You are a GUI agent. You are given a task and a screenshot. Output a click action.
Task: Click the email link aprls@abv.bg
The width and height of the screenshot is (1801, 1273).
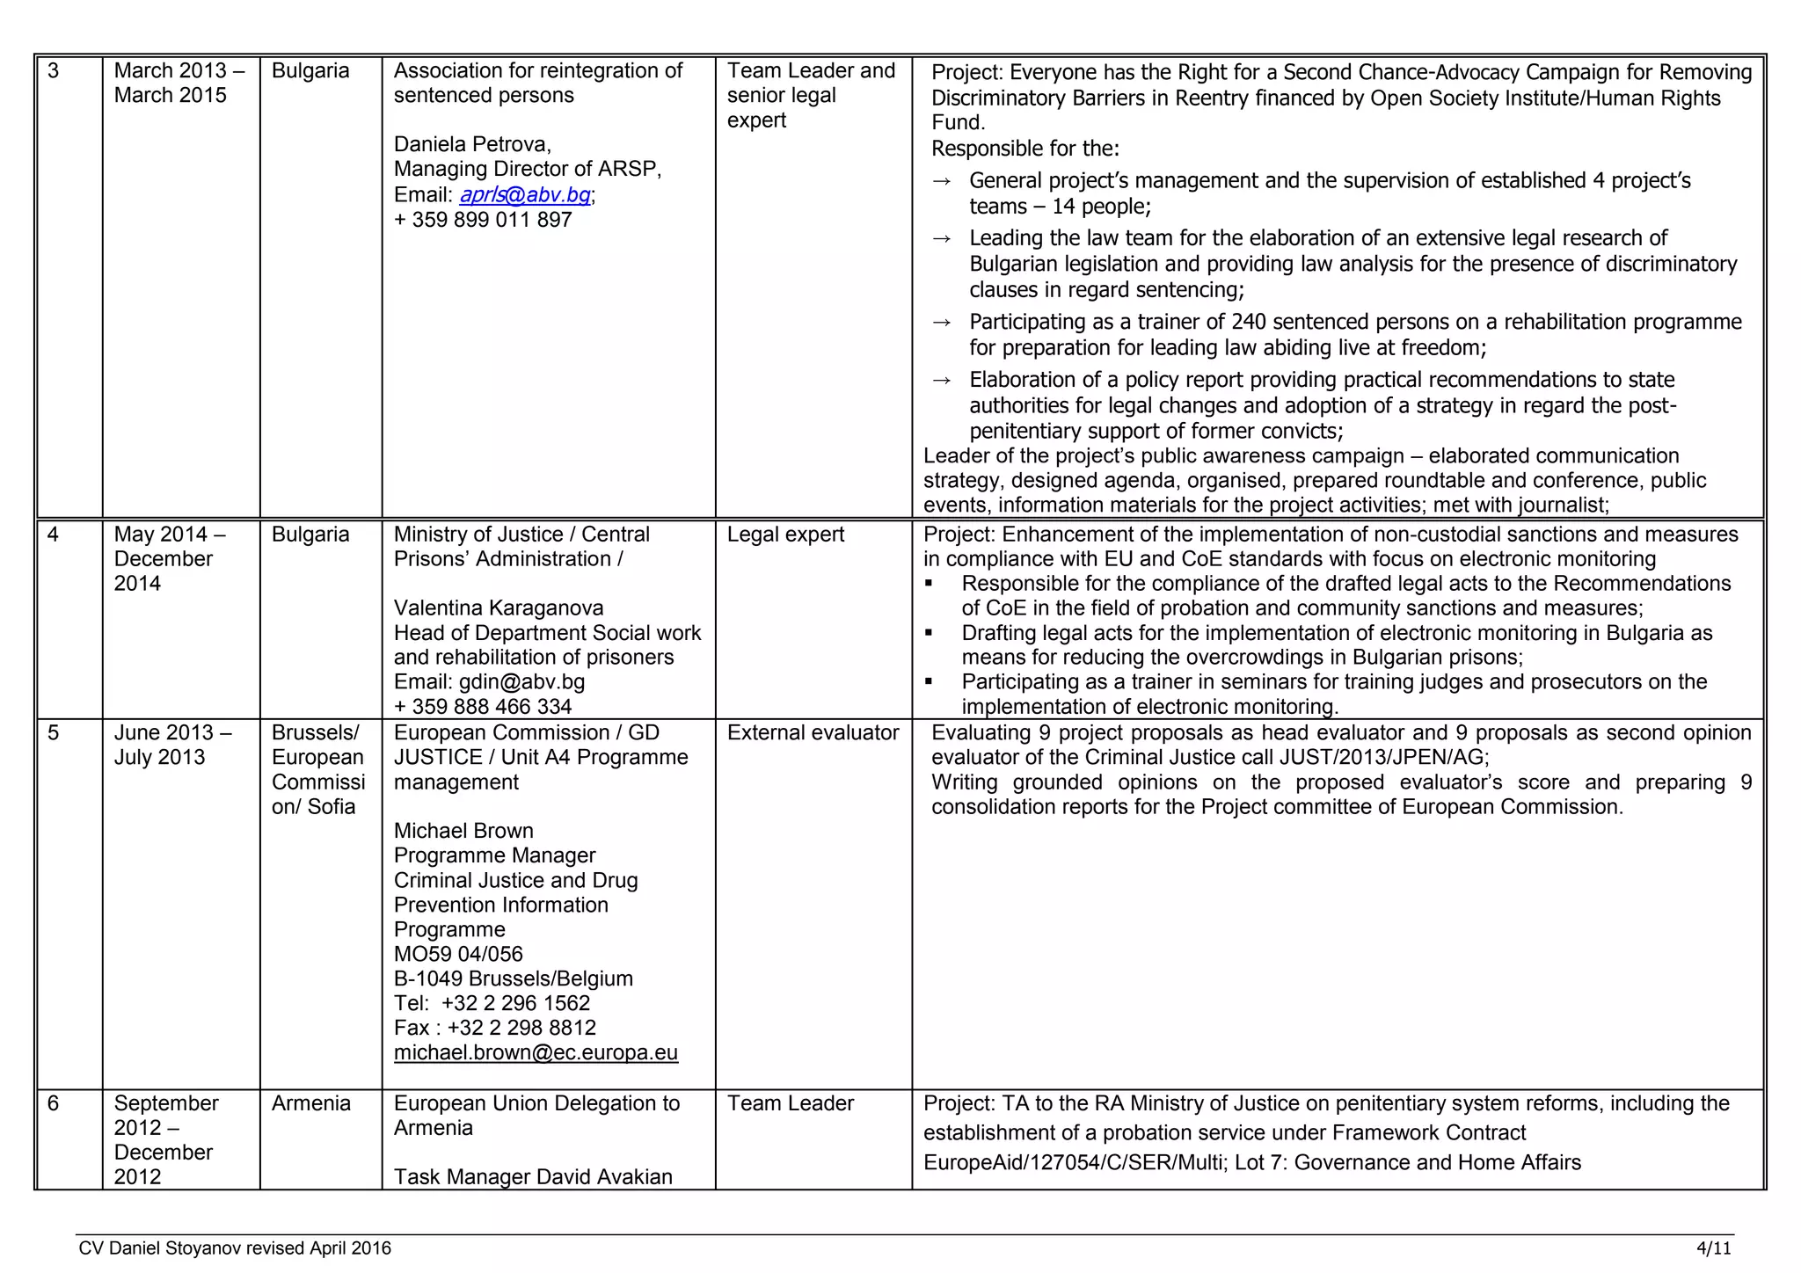pos(525,194)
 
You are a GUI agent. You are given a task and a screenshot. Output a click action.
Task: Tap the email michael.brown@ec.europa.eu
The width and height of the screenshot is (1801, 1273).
pos(536,1052)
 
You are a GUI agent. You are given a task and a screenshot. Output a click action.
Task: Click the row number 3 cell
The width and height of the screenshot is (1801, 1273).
pos(54,70)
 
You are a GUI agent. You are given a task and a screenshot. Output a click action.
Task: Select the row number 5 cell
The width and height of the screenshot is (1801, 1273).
pos(54,732)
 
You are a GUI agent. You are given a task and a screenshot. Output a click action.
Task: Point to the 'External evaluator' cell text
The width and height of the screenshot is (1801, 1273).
pos(813,732)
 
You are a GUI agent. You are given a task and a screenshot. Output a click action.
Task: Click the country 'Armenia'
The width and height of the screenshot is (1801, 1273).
pos(310,1102)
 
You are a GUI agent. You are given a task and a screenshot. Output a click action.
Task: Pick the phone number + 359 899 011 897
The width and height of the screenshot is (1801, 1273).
pos(483,219)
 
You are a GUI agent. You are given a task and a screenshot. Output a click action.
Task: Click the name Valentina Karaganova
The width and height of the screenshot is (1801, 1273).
pos(499,607)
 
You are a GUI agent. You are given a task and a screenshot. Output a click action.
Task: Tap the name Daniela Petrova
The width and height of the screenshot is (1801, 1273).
pos(472,144)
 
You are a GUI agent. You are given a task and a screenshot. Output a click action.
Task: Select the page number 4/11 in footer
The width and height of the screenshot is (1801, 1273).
pos(1714,1248)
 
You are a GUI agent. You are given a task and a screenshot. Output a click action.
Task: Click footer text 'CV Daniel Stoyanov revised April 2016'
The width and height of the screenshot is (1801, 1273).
pos(235,1248)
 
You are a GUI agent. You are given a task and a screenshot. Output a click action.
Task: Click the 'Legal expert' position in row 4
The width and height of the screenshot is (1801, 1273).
pos(785,534)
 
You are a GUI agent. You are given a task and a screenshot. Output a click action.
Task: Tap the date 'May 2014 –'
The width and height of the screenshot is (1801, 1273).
pos(170,534)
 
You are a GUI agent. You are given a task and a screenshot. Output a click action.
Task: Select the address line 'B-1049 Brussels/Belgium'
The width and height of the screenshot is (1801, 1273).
pos(513,978)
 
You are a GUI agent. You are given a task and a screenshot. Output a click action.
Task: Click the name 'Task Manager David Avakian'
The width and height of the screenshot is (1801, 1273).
pos(533,1176)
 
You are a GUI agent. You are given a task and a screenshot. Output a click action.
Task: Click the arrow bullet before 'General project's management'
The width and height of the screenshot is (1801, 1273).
pos(941,181)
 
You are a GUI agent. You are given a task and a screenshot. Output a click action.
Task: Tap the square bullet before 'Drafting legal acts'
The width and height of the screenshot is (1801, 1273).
pos(930,633)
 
